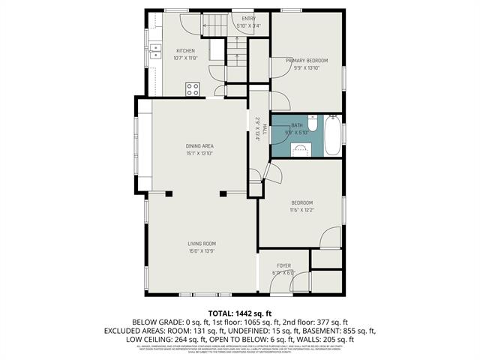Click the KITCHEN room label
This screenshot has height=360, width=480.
click(x=185, y=51)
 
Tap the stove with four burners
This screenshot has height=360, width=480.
click(x=193, y=88)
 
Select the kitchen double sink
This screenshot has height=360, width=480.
click(x=156, y=51)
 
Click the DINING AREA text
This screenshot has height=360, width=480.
click(x=199, y=146)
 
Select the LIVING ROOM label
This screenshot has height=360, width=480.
click(x=201, y=244)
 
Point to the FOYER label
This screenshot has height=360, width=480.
click(x=283, y=265)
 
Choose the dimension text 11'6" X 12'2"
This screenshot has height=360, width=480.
click(x=301, y=210)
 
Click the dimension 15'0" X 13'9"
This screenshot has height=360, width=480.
click(x=201, y=251)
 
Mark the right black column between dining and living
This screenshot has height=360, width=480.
click(x=223, y=194)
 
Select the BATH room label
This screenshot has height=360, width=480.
click(x=297, y=125)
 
